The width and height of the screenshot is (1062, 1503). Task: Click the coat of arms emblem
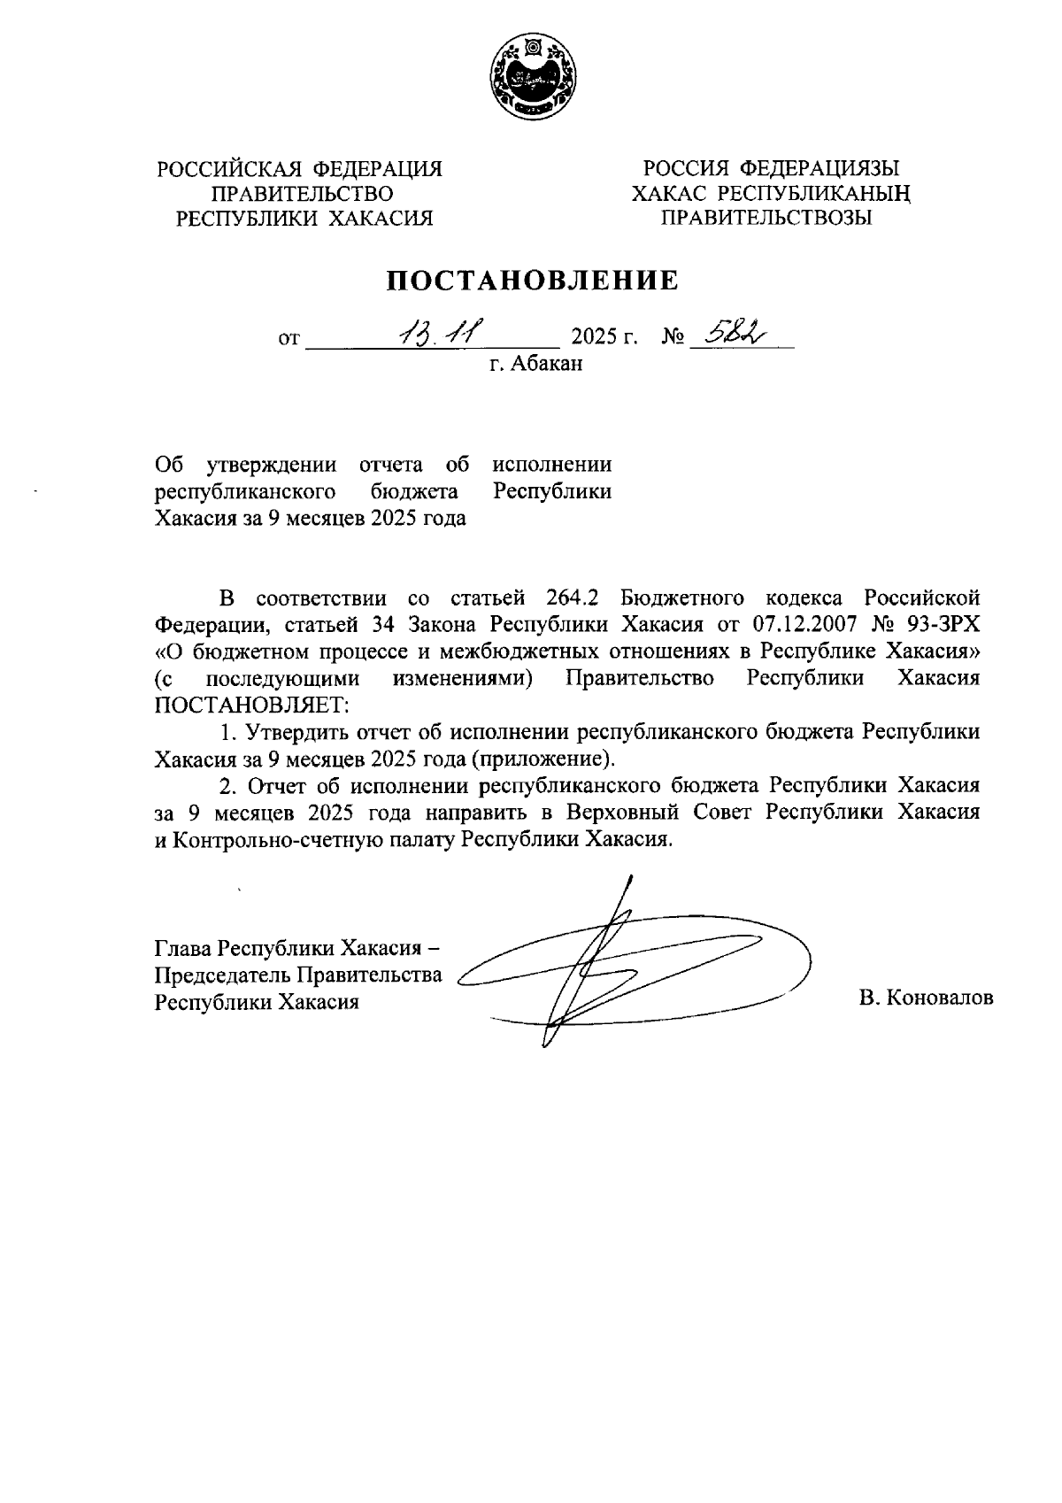tap(531, 78)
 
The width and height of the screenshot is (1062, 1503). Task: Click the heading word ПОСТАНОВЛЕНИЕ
tap(531, 281)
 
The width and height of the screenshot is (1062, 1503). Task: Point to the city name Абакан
tap(547, 364)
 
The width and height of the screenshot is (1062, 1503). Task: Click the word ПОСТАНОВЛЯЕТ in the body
tap(252, 706)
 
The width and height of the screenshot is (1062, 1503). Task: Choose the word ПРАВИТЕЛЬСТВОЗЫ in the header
tap(767, 218)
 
